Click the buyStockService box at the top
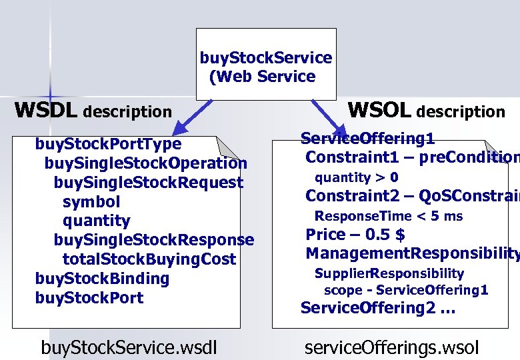coord(265,67)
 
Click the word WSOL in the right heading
coord(379,110)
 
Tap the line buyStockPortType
coord(108,144)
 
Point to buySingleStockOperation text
coord(145,163)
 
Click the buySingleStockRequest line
coord(148,183)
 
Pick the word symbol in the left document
coord(91,201)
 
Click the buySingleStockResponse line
coord(153,240)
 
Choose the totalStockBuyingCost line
coord(149,259)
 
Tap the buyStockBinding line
coord(102,279)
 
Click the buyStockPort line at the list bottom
coord(89,298)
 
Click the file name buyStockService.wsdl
coord(129,347)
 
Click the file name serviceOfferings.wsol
coord(391,347)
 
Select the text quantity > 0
coord(356,177)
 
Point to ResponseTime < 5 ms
coord(388,216)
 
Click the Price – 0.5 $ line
coord(355,235)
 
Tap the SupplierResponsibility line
coord(389,273)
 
